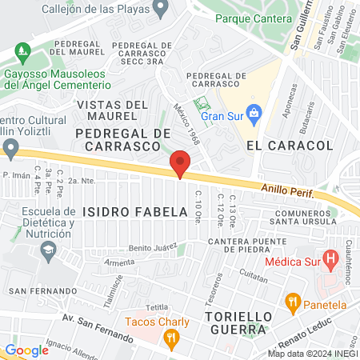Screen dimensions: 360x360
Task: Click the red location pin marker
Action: click(180, 163)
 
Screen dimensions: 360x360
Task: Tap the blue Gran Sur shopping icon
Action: click(254, 112)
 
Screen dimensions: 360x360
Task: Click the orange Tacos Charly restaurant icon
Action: click(170, 339)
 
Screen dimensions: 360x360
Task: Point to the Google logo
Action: click(26, 350)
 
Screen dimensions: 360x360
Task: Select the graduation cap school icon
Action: click(48, 250)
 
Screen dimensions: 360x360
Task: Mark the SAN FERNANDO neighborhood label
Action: click(35, 290)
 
